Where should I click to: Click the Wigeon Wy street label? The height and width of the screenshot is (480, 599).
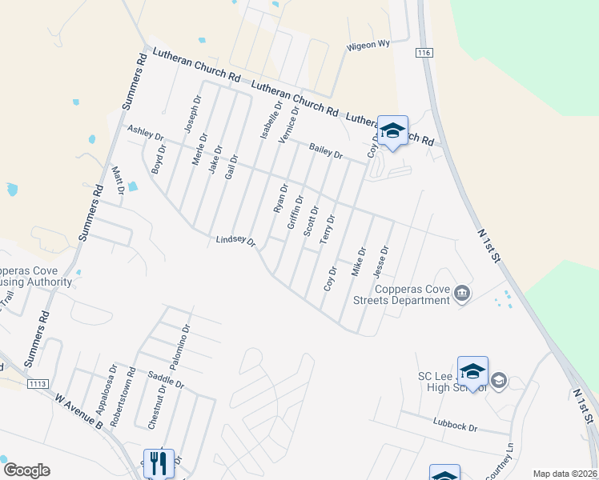(x=368, y=46)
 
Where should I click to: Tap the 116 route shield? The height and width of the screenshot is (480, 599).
(x=424, y=52)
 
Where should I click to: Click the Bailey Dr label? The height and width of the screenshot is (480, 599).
(x=326, y=150)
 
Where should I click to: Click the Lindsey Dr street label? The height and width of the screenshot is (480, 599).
(x=235, y=241)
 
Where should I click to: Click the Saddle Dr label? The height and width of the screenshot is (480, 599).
(x=167, y=380)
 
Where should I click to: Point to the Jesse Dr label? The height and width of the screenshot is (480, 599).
(x=381, y=262)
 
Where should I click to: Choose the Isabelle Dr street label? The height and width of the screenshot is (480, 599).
(x=271, y=121)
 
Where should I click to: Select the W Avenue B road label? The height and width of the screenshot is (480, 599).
(x=77, y=410)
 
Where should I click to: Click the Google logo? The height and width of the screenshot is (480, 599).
(x=26, y=470)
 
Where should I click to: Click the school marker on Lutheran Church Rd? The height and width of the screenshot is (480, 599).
(x=393, y=131)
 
